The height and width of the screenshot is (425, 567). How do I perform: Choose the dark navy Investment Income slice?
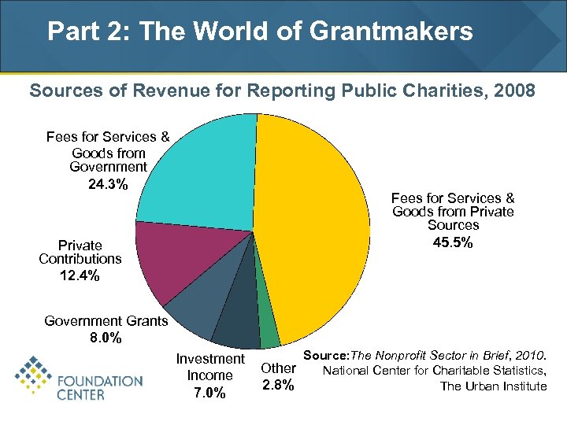coord(236,327)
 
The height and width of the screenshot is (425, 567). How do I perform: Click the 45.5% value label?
coord(453,242)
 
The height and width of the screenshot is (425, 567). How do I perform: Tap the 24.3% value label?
coord(108,184)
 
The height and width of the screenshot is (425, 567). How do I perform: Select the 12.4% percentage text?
coord(80,275)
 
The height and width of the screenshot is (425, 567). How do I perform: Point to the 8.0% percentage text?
coord(106,338)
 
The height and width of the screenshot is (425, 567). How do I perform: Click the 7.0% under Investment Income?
coord(209,393)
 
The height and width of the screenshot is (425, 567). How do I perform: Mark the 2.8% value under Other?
coord(278,385)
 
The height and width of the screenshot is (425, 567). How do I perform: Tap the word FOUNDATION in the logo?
coord(100,380)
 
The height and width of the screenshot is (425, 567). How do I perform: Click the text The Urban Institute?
coord(493,386)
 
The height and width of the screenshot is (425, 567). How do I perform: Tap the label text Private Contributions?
coord(80,252)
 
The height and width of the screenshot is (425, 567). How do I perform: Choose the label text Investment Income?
coord(209,367)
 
